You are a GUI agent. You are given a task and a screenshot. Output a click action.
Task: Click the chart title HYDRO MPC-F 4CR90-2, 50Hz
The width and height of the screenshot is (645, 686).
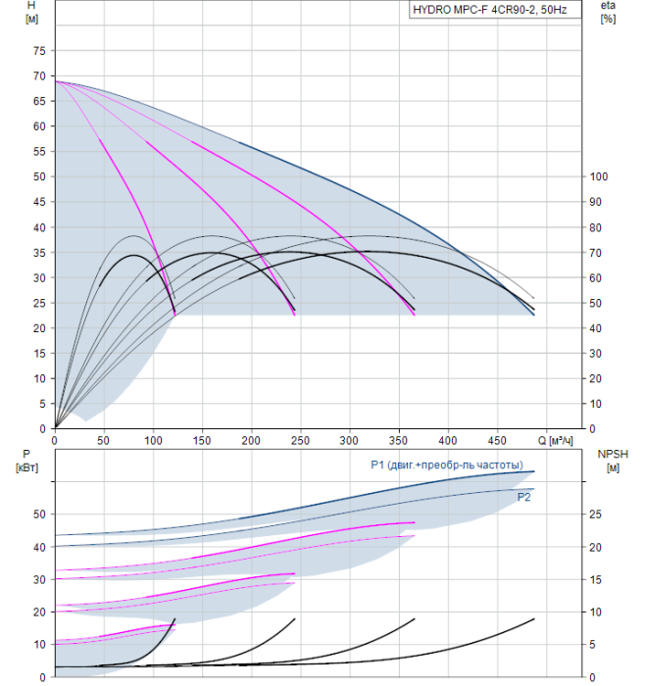490,10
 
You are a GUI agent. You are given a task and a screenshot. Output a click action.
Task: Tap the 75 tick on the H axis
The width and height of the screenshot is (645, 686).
39,51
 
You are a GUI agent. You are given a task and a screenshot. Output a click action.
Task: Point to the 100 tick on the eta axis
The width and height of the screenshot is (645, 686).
599,176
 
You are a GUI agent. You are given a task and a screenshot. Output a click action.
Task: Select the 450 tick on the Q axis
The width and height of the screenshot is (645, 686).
498,441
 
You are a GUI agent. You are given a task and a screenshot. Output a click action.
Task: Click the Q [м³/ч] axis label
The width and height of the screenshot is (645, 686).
555,441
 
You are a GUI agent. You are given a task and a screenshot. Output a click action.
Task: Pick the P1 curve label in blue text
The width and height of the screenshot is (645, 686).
447,465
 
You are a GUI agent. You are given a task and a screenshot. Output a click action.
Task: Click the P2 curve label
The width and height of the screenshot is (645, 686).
523,497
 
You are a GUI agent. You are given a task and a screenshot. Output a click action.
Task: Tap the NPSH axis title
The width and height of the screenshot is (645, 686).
613,462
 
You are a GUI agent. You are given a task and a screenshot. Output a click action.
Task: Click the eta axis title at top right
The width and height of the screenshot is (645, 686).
609,12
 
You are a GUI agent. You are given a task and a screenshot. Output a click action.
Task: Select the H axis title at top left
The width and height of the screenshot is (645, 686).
31,12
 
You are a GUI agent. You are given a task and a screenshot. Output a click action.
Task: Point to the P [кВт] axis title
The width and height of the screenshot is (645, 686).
26,462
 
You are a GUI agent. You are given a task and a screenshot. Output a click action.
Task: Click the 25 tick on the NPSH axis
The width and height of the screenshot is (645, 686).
596,514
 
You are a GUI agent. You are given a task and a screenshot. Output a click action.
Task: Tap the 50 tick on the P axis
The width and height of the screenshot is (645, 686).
39,514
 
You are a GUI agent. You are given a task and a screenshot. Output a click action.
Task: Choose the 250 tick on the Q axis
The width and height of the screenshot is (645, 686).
300,441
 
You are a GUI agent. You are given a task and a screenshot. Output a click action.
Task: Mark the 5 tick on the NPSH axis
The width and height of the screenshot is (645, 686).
592,645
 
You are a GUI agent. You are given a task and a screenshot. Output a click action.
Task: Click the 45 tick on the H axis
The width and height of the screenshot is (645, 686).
39,202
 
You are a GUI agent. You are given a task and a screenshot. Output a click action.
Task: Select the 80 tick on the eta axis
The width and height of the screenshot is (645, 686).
596,228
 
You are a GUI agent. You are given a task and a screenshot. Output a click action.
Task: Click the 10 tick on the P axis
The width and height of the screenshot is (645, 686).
39,645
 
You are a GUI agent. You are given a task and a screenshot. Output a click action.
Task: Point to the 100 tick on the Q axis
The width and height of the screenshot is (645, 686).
153,441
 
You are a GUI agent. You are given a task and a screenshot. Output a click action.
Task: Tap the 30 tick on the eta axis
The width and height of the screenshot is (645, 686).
596,354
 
